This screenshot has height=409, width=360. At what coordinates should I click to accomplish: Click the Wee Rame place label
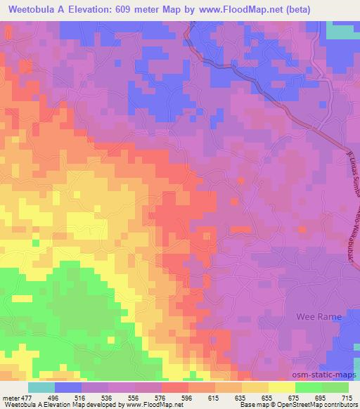coord(320,317)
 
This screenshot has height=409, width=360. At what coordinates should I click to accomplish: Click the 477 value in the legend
coord(27,397)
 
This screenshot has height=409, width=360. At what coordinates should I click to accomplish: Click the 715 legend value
coord(347,397)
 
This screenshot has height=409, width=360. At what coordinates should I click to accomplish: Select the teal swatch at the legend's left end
coord(41,387)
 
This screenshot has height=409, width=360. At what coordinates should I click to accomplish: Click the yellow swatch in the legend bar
coord(282,387)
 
